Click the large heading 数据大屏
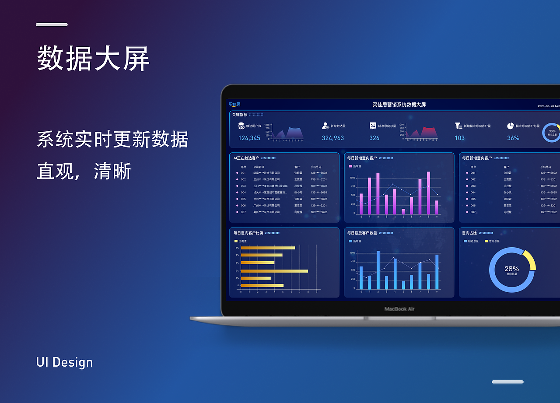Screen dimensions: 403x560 (93, 59)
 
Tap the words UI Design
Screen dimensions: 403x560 (65, 362)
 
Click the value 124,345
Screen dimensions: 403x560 (249, 138)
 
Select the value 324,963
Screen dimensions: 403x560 (332, 138)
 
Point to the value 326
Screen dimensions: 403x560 (374, 138)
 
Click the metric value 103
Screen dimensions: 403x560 (459, 138)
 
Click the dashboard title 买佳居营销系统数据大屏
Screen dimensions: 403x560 (399, 105)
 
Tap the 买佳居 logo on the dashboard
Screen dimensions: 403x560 (234, 105)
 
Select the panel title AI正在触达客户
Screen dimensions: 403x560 (246, 158)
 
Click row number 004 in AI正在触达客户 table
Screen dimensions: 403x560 (243, 193)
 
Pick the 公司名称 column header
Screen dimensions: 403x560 (259, 167)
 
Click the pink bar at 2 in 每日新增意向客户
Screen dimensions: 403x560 (378, 193)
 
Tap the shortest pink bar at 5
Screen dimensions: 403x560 (403, 212)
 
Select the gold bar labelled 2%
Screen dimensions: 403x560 (274, 271)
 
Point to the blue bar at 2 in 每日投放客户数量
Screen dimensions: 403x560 (378, 270)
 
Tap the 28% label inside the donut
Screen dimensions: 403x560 (511, 269)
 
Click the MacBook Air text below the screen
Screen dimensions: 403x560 (399, 309)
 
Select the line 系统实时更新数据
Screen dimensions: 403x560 (112, 140)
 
